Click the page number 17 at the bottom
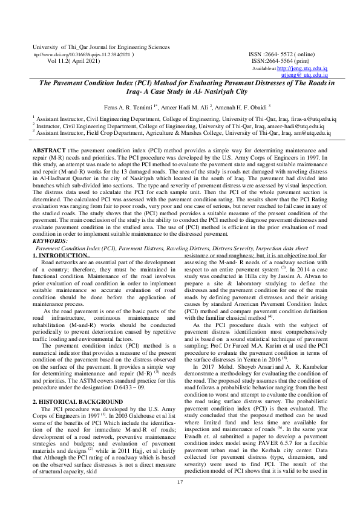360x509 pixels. (x=180, y=481)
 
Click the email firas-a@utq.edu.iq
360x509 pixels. (x=285, y=120)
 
